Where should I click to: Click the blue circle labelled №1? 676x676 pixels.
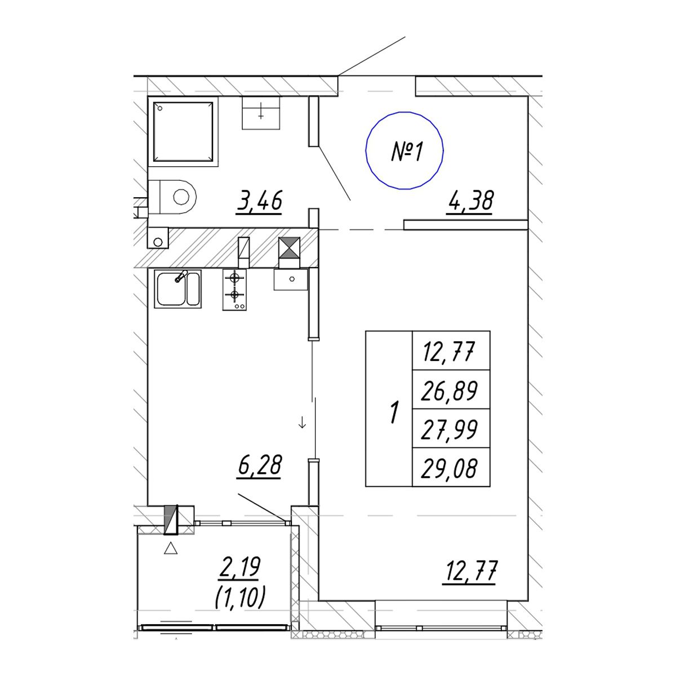point(366,151)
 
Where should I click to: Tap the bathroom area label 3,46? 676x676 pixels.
point(260,201)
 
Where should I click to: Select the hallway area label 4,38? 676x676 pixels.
point(470,201)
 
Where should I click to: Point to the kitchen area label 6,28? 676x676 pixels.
point(260,466)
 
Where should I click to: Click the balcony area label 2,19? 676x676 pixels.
point(239,568)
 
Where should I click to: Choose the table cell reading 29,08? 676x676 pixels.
point(451,467)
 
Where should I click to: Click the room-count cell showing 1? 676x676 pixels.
point(389,408)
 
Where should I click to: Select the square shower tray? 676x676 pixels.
point(183,132)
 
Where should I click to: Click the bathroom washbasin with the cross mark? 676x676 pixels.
point(261,113)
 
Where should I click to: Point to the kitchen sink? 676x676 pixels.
point(177,289)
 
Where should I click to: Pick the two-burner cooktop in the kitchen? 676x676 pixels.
point(234,290)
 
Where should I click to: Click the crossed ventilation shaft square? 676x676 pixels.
point(290,248)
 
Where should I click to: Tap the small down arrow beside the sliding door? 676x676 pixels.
point(302,424)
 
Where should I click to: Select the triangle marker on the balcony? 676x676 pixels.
point(171,548)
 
